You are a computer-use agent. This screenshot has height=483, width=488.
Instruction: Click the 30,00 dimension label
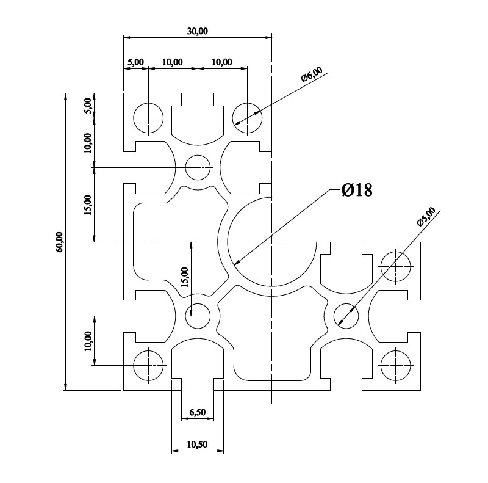tap(197, 31)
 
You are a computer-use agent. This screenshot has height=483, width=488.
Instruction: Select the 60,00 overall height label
tap(59, 242)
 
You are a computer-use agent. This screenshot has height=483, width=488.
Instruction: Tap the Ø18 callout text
tap(357, 190)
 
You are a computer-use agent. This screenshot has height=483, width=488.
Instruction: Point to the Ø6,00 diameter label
tap(312, 74)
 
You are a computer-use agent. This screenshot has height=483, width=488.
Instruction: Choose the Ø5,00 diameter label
tap(426, 217)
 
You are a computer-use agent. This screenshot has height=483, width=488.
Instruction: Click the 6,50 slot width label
tap(197, 412)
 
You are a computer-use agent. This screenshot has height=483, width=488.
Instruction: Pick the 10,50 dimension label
tap(197, 444)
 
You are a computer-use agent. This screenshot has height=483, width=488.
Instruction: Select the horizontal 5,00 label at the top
tap(135, 62)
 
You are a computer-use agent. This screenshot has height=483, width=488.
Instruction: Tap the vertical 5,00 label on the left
tap(88, 106)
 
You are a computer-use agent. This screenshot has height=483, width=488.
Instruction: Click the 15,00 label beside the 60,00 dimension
tap(88, 205)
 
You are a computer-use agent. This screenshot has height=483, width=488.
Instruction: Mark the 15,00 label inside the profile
tap(185, 277)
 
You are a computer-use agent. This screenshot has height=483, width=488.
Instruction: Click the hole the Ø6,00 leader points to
tap(247, 118)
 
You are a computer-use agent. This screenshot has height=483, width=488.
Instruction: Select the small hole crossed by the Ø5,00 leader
tap(346, 316)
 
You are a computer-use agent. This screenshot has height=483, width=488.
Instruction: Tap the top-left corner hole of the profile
tap(148, 118)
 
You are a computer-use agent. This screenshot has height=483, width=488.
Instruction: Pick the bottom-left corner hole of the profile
tap(148, 365)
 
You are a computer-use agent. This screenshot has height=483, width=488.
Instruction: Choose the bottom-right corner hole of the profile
tap(395, 365)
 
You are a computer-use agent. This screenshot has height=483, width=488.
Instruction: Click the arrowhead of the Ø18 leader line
tap(237, 263)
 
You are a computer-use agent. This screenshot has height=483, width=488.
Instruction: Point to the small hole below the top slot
tap(198, 167)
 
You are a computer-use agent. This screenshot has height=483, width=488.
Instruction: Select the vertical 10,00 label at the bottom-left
tap(88, 341)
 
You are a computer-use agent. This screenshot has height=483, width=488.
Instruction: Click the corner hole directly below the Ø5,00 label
tap(395, 266)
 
